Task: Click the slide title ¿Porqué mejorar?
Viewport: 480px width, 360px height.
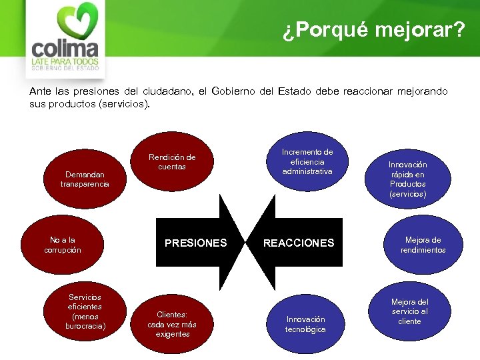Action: [x=373, y=31]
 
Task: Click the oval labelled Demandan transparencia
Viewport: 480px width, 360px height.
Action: [x=84, y=179]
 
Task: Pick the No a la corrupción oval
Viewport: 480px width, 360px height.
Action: [x=65, y=245]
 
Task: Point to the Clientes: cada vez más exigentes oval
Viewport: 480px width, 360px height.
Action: [x=172, y=323]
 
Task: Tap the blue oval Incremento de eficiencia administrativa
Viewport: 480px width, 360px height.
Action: [x=307, y=162]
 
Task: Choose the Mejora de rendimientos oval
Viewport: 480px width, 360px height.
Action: [x=423, y=245]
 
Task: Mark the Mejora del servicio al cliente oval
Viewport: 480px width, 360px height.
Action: [x=409, y=311]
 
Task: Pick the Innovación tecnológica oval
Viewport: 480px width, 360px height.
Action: [x=305, y=324]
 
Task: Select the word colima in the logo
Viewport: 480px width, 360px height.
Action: [x=65, y=49]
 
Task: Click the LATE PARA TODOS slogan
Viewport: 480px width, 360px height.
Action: [x=65, y=62]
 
